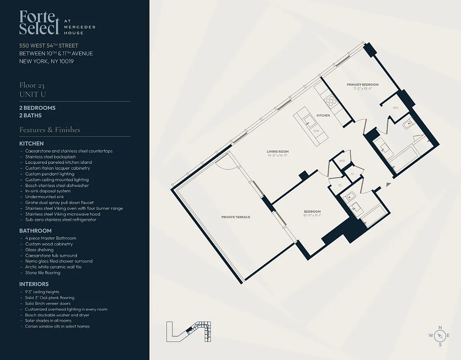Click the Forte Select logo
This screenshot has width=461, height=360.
39,23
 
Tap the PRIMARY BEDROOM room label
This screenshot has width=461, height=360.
362,85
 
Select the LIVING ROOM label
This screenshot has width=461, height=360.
277,152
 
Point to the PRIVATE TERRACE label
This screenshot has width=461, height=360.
235,217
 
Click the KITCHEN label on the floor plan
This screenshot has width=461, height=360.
322,116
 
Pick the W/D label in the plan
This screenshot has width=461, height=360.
342,161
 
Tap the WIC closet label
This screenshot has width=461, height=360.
395,108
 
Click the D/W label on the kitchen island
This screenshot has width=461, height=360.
316,131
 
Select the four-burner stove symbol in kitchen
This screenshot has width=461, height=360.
331,101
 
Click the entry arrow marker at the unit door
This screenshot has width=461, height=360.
388,184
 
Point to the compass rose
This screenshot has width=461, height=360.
440,336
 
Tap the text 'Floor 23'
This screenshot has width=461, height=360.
32,85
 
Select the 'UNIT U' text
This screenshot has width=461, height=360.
32,94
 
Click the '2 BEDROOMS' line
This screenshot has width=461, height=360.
37,108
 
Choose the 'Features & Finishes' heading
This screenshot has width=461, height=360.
49,130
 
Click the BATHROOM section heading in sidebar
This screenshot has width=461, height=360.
35,231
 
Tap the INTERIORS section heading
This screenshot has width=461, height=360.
34,284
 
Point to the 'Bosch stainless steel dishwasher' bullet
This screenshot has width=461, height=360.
57,185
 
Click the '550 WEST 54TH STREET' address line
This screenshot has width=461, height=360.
49,45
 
